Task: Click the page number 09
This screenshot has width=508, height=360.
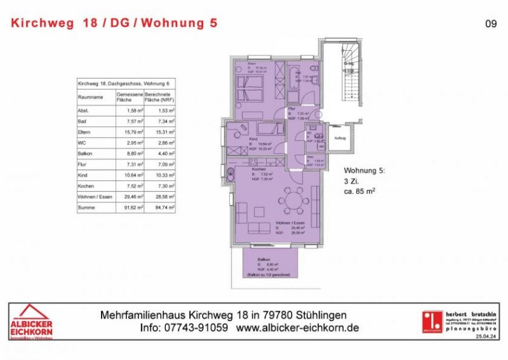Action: pyautogui.click(x=490, y=23)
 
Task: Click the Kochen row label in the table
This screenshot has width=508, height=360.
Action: pyautogui.click(x=86, y=185)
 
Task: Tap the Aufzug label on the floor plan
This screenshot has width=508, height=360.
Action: pyautogui.click(x=340, y=138)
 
